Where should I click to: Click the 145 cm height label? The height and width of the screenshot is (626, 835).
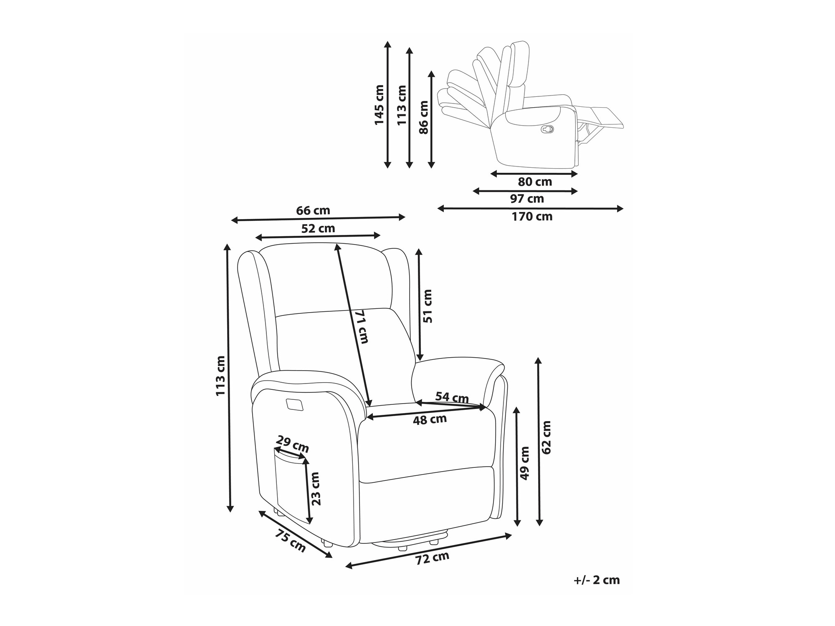pos(379,105)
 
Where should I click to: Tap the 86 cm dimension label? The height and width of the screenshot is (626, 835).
pos(424,117)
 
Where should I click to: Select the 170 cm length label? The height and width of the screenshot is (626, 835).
pos(532,217)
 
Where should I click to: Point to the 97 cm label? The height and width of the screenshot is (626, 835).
pos(527,199)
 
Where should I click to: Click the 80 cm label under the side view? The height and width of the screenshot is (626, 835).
pos(535,182)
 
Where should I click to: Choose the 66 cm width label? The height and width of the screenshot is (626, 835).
pos(313,211)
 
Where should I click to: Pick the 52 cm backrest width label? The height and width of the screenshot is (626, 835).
pos(318,229)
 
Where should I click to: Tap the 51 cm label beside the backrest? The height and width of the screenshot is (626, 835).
pos(428,306)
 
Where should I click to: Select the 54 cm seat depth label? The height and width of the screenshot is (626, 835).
pos(452,397)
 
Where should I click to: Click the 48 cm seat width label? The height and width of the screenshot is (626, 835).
pos(430,419)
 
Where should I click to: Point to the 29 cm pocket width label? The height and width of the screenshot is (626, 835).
pos(293,445)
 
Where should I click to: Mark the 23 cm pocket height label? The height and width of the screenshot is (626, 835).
pos(316,489)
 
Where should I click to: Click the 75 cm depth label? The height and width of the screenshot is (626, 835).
pos(290,541)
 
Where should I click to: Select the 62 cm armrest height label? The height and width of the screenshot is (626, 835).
pos(546,437)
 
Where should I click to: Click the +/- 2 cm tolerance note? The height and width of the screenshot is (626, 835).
pos(597,580)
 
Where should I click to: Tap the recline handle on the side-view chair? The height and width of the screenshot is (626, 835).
pos(547,129)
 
